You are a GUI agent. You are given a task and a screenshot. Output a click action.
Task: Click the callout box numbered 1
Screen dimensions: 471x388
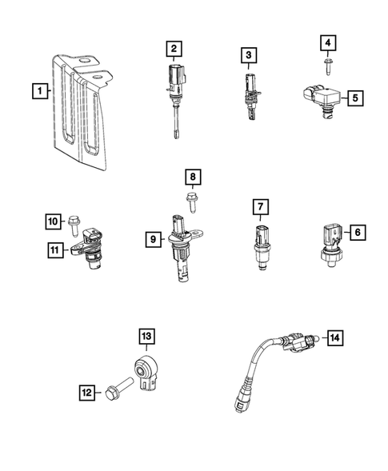coord(37,91)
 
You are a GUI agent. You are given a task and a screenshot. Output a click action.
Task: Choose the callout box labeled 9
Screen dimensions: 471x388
coord(152,237)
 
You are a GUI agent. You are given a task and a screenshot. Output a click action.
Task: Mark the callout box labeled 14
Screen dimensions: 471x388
coord(334,339)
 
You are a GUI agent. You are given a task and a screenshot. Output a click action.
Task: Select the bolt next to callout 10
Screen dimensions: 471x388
coord(74,218)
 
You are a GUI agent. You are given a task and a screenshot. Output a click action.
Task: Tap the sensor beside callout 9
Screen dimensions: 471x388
coord(181,249)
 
